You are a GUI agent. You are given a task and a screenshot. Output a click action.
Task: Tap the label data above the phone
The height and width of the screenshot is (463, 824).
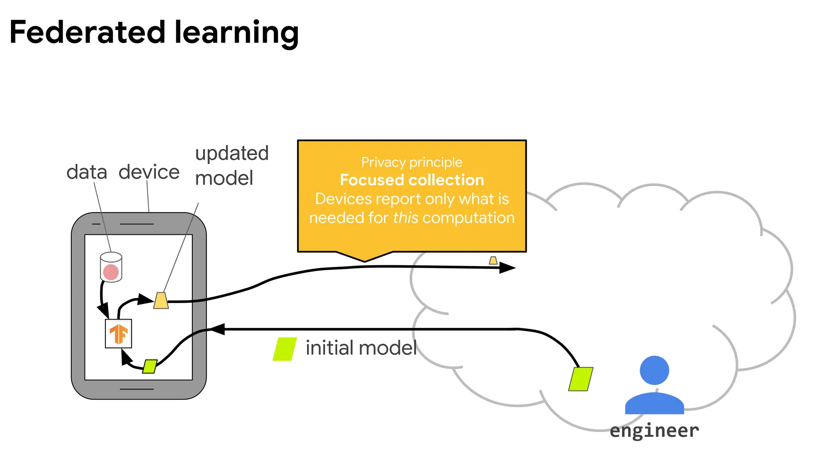[87, 172]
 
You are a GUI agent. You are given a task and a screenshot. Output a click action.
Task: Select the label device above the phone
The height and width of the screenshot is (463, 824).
[149, 172]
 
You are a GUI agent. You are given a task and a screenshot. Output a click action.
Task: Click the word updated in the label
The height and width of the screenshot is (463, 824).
[232, 154]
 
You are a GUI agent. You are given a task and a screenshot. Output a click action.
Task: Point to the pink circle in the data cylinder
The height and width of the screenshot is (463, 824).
[111, 272]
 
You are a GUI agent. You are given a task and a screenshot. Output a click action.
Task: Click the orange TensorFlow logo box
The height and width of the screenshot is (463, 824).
[118, 334]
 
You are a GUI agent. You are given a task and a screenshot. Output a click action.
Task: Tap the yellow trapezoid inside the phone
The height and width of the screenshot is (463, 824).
[161, 301]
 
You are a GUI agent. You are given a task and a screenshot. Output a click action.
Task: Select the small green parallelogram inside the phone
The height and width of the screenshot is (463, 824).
[150, 366]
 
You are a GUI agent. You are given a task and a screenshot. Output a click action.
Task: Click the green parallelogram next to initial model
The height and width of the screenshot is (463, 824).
[285, 349]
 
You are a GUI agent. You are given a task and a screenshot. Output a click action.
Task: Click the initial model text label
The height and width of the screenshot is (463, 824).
[361, 348]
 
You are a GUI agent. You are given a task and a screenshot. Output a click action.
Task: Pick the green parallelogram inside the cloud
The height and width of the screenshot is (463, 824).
[581, 379]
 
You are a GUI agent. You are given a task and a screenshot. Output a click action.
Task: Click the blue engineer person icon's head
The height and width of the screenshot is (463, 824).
[654, 370]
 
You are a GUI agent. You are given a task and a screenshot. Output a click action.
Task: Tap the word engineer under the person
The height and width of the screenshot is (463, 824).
[654, 431]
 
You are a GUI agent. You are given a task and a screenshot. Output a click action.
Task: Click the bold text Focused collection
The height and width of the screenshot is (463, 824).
[412, 180]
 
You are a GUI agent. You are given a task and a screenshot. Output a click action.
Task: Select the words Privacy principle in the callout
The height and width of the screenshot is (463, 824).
[412, 162]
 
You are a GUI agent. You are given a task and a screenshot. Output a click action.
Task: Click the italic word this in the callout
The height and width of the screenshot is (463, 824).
[406, 218]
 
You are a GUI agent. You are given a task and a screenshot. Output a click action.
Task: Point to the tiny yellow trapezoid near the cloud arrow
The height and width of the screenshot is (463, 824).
[493, 260]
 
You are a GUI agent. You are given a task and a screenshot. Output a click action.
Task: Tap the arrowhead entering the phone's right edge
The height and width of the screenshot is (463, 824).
[217, 329]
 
